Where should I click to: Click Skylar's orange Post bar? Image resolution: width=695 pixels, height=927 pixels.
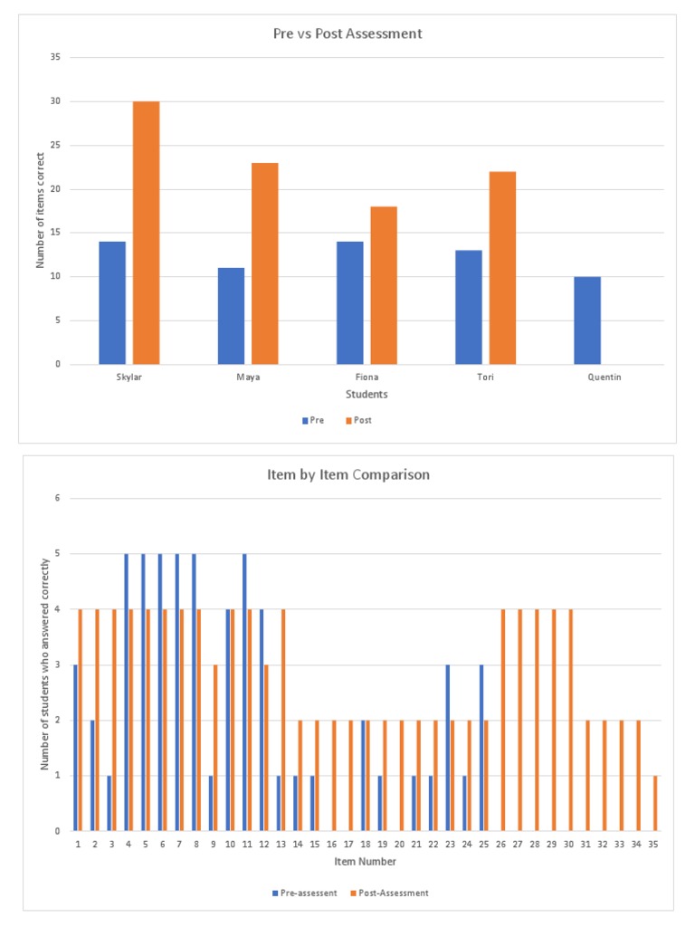[146, 233]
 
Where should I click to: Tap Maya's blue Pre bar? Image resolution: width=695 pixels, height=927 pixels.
[231, 316]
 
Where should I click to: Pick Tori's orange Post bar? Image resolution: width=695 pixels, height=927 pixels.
[502, 268]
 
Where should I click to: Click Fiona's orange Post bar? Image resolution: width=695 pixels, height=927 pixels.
[384, 285]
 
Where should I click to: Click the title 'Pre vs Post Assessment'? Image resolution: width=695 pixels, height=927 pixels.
[347, 34]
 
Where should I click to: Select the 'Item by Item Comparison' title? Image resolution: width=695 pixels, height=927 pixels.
[347, 474]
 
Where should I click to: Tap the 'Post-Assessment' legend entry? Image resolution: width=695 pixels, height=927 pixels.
[392, 893]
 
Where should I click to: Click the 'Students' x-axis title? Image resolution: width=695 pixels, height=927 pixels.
[367, 394]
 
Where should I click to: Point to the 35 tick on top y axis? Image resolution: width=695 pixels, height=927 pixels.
[54, 57]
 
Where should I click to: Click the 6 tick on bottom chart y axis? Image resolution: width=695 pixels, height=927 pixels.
[56, 498]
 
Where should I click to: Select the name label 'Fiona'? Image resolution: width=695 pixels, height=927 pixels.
[367, 377]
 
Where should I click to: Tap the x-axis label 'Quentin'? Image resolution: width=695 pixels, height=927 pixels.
[604, 377]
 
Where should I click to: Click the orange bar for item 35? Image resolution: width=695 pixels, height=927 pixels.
[655, 803]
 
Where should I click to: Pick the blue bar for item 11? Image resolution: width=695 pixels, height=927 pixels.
[244, 692]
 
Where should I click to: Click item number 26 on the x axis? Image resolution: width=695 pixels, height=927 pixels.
[502, 843]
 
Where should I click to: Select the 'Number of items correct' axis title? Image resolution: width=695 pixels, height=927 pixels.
[40, 210]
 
